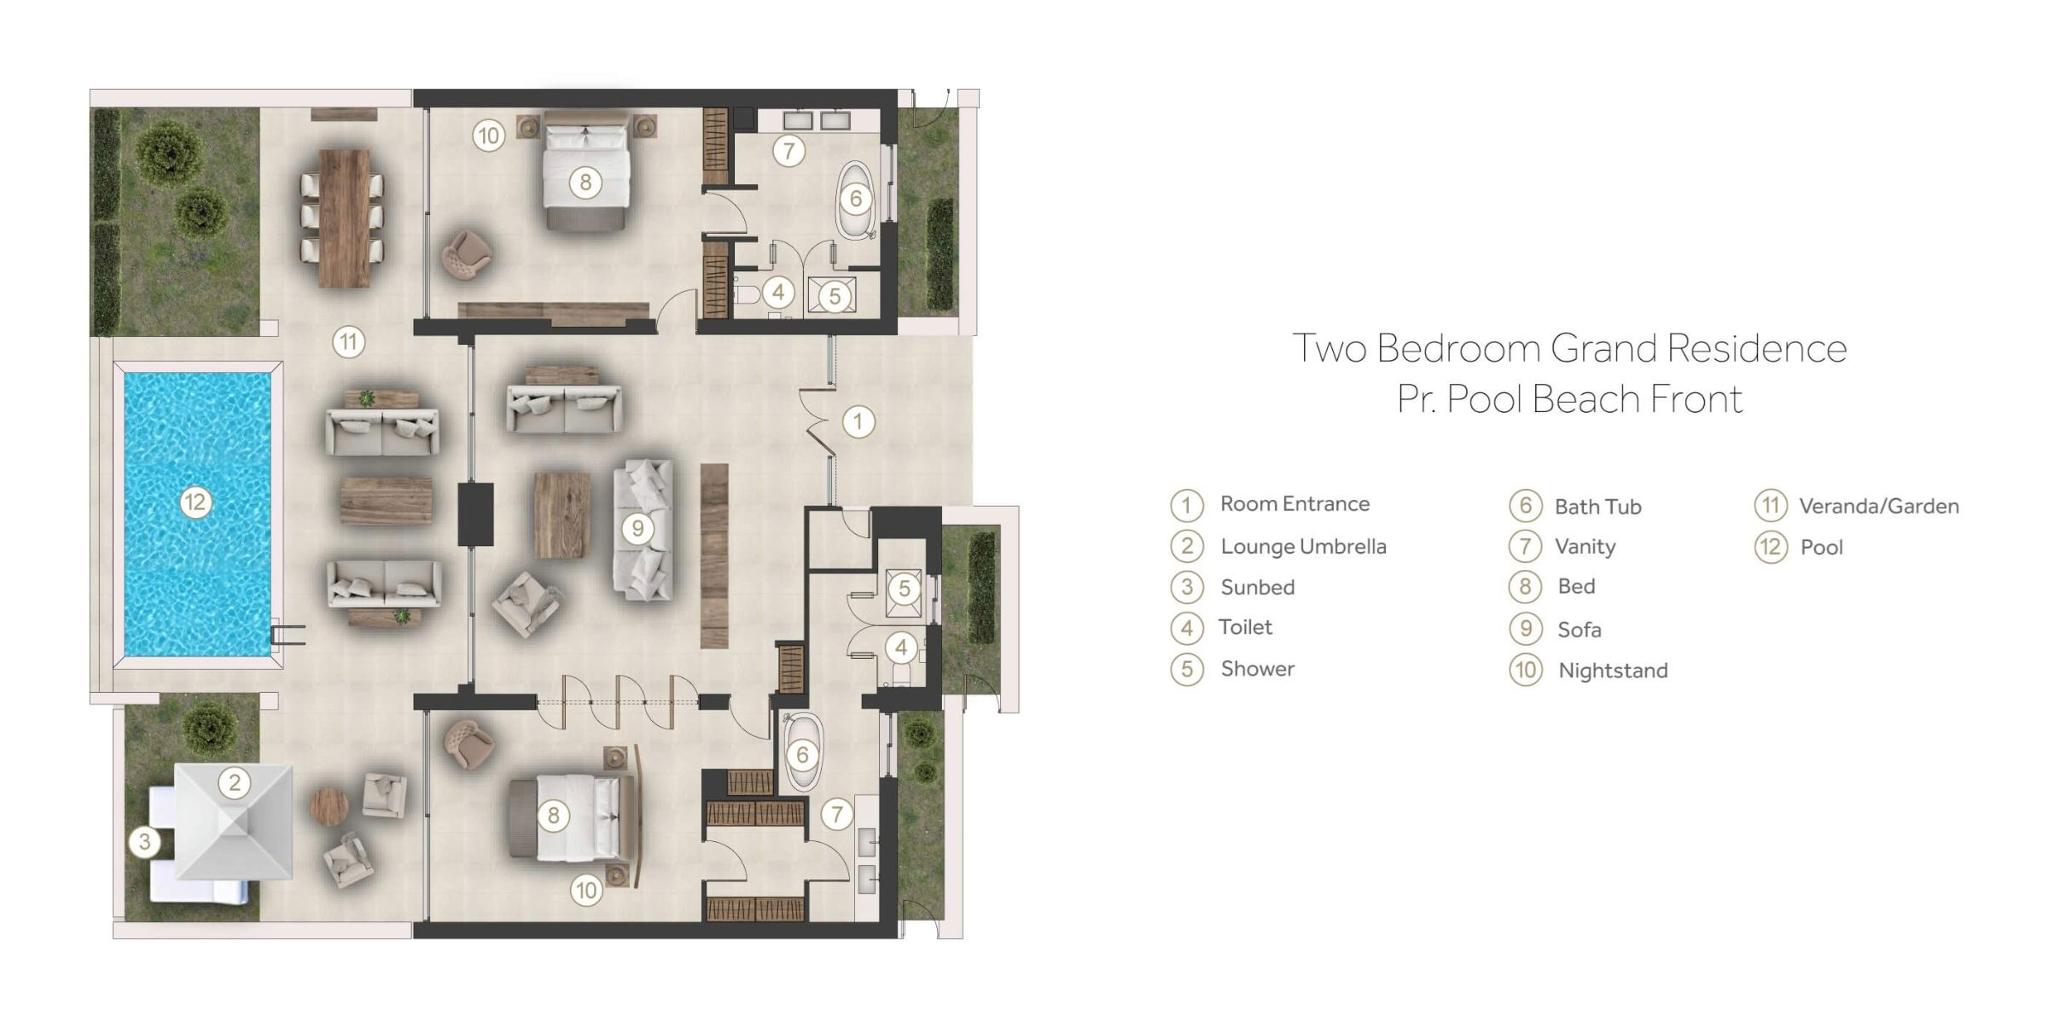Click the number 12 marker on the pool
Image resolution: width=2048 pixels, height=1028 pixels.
pyautogui.click(x=195, y=502)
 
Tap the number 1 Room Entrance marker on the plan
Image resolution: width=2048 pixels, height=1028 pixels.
pyautogui.click(x=858, y=421)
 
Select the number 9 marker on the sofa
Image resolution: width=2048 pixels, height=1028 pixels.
pyautogui.click(x=637, y=529)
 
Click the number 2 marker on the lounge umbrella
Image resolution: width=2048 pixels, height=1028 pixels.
pyautogui.click(x=235, y=782)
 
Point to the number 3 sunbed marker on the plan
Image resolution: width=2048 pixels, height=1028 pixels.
pyautogui.click(x=145, y=842)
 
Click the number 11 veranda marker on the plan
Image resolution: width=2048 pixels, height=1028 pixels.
pyautogui.click(x=348, y=343)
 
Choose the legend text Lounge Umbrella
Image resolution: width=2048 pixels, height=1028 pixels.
pyautogui.click(x=1303, y=547)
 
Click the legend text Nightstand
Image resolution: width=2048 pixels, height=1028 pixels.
pyautogui.click(x=1612, y=671)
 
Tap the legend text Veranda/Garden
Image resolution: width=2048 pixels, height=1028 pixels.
pyautogui.click(x=1878, y=507)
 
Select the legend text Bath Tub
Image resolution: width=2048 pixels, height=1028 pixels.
pyautogui.click(x=1597, y=507)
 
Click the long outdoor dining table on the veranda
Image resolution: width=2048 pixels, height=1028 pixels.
pyautogui.click(x=344, y=218)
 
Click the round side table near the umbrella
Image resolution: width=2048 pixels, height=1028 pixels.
pyautogui.click(x=329, y=804)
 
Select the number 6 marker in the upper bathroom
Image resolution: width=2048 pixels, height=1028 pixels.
pyautogui.click(x=856, y=200)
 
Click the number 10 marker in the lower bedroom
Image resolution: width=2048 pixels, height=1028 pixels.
pyautogui.click(x=586, y=892)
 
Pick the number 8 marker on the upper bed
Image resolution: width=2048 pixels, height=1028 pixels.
pyautogui.click(x=585, y=182)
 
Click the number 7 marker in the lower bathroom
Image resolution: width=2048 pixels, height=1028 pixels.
pyautogui.click(x=836, y=815)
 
